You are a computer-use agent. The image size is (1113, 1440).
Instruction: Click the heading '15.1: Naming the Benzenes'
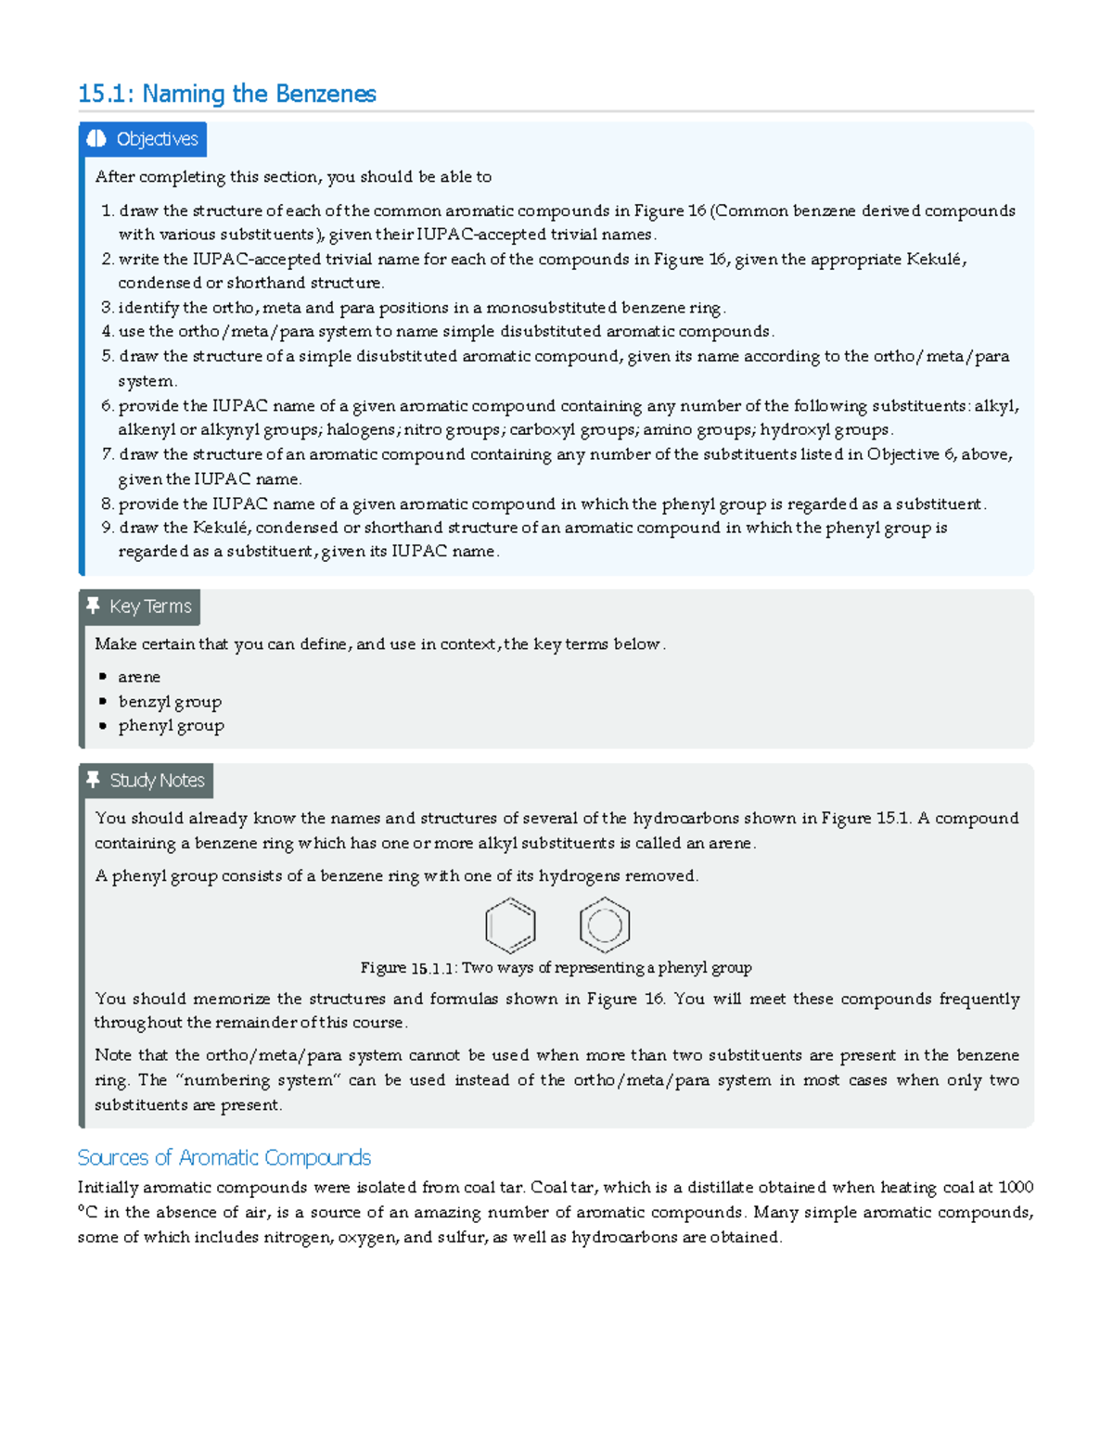pos(227,94)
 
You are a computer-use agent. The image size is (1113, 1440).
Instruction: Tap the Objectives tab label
pos(157,139)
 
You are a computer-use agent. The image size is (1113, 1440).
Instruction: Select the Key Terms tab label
pos(150,606)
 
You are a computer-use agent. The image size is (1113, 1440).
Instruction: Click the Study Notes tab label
pos(157,781)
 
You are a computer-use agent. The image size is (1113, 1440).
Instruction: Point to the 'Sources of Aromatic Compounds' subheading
pos(224,1157)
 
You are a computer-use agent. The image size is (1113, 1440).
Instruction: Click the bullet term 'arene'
pos(139,677)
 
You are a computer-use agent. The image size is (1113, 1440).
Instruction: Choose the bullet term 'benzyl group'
pos(170,702)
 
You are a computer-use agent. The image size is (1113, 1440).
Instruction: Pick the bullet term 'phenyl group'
pos(171,726)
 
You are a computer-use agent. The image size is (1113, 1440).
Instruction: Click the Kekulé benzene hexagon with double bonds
pos(510,925)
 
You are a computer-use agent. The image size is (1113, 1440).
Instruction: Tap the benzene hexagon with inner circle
pos(605,925)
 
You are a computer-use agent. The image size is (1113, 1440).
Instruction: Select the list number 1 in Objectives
pos(107,211)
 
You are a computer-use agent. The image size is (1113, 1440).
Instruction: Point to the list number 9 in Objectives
pos(107,528)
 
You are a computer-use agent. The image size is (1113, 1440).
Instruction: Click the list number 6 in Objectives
pos(107,406)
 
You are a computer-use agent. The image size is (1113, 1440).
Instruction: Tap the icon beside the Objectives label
pos(96,139)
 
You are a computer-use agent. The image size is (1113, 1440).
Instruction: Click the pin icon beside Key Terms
pos(93,605)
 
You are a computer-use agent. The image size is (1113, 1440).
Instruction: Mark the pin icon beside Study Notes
pos(93,780)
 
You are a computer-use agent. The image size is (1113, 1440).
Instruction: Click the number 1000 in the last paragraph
pos(1016,1188)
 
